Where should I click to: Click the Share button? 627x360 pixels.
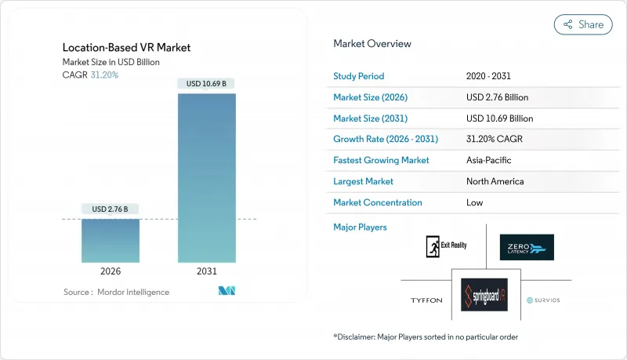pos(583,24)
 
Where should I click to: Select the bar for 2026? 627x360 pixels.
pos(110,241)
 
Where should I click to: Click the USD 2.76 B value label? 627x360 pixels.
pos(110,209)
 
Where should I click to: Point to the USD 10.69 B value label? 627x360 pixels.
pos(207,84)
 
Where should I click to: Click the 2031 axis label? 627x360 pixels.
pos(207,271)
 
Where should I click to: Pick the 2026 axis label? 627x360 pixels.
pos(110,271)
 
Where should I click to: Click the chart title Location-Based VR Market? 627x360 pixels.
pos(126,48)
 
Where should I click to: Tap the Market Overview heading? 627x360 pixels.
pos(372,44)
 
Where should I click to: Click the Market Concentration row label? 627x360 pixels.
pos(378,202)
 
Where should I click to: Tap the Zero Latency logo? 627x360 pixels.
pos(526,247)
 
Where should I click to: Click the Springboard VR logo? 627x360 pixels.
pos(484,298)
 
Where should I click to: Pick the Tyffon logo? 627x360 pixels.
pos(426,300)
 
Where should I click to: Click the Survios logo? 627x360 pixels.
pos(543,300)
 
